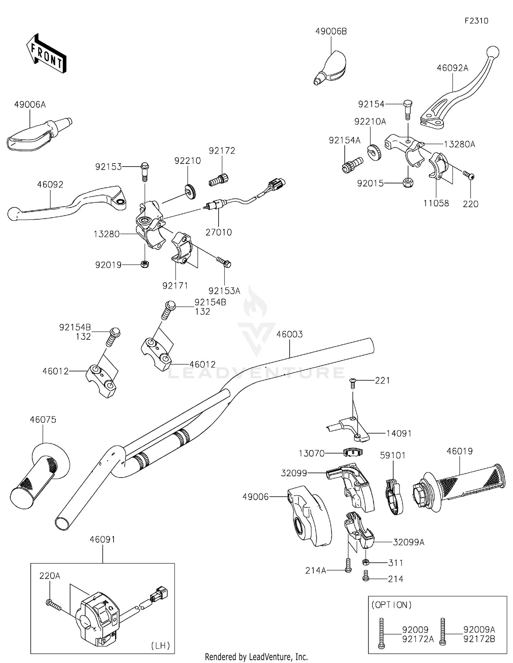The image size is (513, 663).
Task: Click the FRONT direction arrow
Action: tap(46, 53)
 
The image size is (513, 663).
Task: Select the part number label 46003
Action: tap(289, 334)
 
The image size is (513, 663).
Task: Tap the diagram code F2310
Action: tap(476, 21)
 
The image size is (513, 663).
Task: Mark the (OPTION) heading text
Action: tap(392, 605)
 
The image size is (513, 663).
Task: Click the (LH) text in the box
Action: tap(160, 645)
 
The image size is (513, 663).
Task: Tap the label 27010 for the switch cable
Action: tap(219, 232)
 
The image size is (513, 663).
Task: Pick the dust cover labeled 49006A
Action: tap(39, 134)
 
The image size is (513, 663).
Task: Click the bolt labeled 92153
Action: tap(144, 173)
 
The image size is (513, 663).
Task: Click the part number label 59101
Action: tap(393, 455)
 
